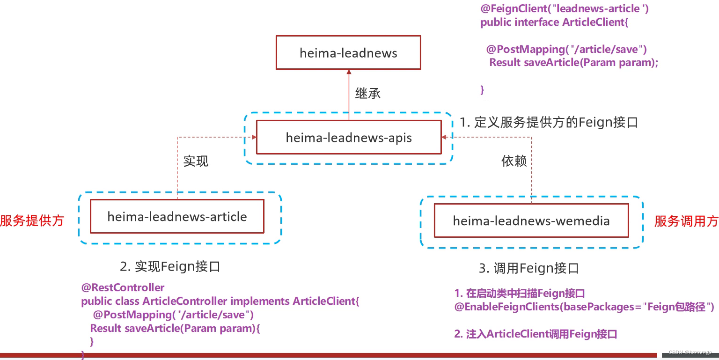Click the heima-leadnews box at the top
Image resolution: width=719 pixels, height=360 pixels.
click(348, 53)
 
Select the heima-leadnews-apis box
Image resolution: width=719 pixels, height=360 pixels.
click(349, 137)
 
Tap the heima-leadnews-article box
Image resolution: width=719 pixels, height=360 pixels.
click(177, 216)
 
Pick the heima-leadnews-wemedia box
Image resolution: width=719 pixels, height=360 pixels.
click(531, 220)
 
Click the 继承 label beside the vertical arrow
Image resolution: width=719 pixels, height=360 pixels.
click(368, 94)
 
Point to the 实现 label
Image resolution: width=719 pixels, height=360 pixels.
click(196, 162)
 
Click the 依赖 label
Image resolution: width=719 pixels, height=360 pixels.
click(514, 162)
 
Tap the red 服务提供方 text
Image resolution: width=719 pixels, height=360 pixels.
click(32, 220)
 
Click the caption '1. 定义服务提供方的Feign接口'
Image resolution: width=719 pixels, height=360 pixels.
click(549, 123)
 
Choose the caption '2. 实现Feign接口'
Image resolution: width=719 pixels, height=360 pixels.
click(170, 267)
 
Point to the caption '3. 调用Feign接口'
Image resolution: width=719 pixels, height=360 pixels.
click(529, 268)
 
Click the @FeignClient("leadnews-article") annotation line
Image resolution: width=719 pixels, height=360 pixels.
click(565, 8)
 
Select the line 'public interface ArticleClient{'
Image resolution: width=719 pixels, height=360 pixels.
click(554, 22)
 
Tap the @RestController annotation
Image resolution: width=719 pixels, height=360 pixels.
click(123, 287)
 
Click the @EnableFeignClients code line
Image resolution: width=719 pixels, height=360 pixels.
click(584, 307)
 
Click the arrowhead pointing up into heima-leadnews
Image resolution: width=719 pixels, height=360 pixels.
click(348, 72)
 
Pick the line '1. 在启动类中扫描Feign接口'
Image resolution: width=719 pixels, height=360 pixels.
click(520, 294)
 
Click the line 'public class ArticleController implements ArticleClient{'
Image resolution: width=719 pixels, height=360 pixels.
click(220, 301)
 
